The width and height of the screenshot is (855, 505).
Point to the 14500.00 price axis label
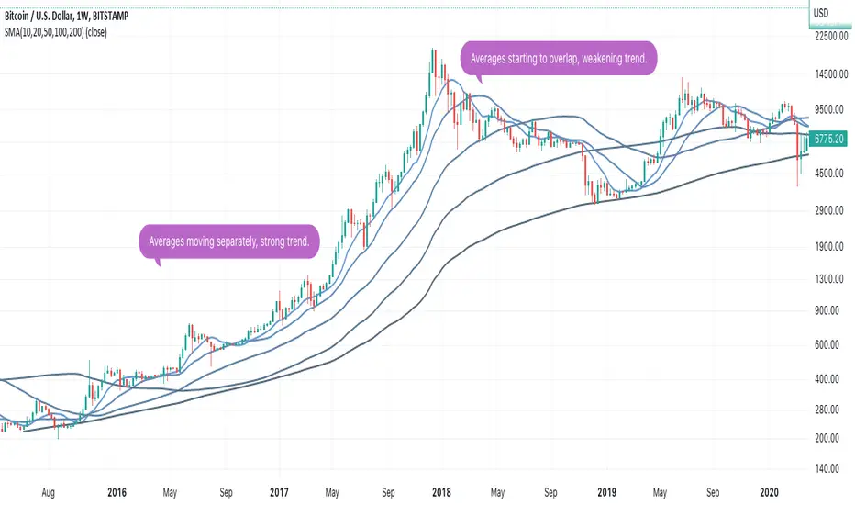click(x=830, y=73)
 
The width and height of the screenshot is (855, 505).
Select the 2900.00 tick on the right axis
click(x=830, y=211)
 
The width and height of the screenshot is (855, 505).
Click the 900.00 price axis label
click(x=830, y=310)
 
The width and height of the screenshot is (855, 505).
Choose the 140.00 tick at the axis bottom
click(x=830, y=468)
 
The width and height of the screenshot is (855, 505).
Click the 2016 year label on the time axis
click(x=116, y=492)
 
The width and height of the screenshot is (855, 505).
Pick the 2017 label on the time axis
click(x=280, y=492)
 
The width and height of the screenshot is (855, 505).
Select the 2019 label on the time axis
click(x=606, y=492)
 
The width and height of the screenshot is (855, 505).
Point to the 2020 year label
click(x=771, y=492)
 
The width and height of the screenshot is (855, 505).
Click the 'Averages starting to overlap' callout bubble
click(x=560, y=59)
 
